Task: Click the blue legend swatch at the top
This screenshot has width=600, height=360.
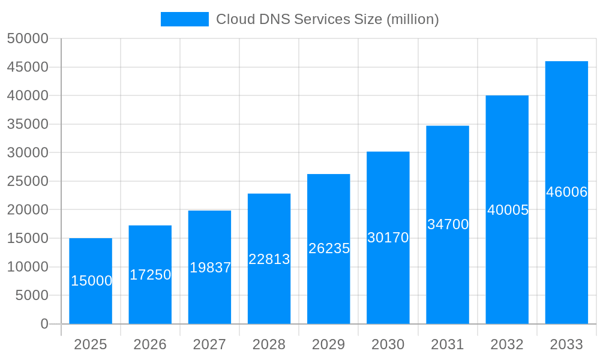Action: (184, 19)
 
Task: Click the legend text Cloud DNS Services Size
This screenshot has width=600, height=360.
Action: (327, 19)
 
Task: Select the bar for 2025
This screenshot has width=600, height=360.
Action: (91, 300)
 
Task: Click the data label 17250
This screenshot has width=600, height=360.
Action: (150, 275)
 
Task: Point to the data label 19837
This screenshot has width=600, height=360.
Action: (210, 268)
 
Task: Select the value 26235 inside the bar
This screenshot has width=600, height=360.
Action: (329, 248)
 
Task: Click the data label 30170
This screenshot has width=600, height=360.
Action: (388, 238)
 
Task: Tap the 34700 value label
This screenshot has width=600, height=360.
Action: (448, 224)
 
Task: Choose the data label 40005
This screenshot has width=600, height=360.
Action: (508, 210)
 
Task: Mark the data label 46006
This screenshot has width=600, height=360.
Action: (566, 192)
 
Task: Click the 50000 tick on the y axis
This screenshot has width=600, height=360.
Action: (27, 38)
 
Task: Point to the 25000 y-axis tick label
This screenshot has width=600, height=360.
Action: (27, 181)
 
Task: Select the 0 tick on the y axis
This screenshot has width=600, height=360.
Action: (44, 324)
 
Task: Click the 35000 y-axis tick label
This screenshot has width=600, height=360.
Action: (27, 124)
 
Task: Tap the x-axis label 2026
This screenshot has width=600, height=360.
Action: (150, 344)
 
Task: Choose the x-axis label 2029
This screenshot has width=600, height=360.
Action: (329, 344)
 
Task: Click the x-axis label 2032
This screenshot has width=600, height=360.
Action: (507, 344)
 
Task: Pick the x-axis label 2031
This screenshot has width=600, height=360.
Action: (448, 344)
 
